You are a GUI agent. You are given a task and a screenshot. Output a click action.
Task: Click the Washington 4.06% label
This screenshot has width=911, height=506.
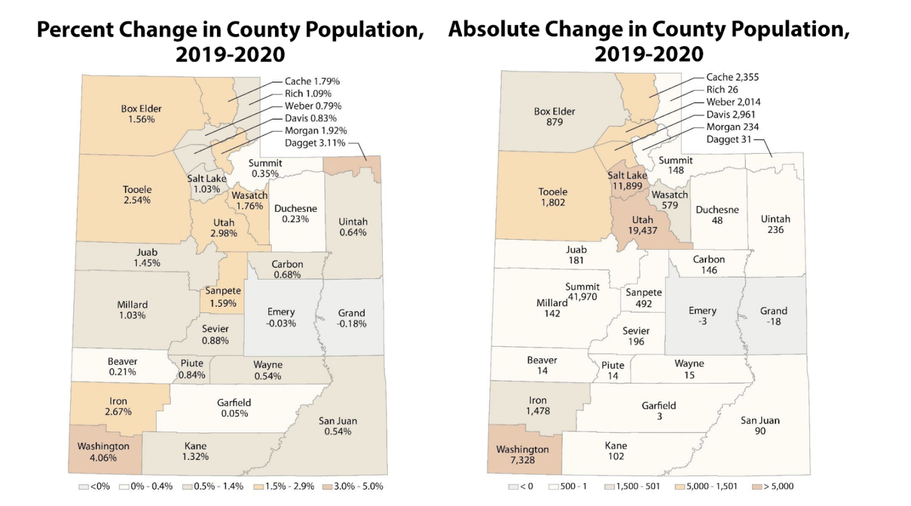(x=104, y=452)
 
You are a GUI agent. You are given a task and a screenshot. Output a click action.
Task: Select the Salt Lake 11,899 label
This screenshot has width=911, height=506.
(x=627, y=181)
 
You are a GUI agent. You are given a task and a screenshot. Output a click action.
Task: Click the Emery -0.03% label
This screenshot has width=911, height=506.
(x=281, y=318)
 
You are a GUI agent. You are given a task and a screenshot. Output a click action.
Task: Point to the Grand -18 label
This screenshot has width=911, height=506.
(x=773, y=316)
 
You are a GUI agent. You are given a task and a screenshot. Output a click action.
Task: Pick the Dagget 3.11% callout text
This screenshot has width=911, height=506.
(x=315, y=143)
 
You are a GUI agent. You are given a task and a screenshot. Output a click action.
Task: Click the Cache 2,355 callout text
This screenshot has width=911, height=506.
(x=732, y=77)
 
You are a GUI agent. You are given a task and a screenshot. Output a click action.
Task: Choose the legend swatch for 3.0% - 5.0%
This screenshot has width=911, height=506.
(x=327, y=487)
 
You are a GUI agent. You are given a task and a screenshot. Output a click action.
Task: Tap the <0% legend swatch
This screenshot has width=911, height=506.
(x=83, y=487)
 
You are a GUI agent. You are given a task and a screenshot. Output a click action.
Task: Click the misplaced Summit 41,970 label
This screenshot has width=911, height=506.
(x=582, y=292)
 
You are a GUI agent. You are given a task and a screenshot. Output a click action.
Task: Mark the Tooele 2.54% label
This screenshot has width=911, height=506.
(x=137, y=195)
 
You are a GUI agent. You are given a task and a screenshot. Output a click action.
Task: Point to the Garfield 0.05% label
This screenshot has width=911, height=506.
(x=234, y=408)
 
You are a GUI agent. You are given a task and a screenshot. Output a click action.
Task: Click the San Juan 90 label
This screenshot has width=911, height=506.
(x=760, y=425)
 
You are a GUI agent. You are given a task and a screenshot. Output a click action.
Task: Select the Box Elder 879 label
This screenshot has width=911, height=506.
(x=554, y=116)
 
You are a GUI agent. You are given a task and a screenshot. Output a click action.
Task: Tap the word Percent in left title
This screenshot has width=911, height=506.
(x=75, y=30)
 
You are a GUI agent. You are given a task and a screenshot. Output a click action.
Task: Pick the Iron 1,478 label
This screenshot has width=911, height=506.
(x=538, y=406)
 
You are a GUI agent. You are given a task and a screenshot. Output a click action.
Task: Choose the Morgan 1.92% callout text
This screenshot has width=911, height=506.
(x=316, y=130)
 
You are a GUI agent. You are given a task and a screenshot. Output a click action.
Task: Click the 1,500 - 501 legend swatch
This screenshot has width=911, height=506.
(x=609, y=487)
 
